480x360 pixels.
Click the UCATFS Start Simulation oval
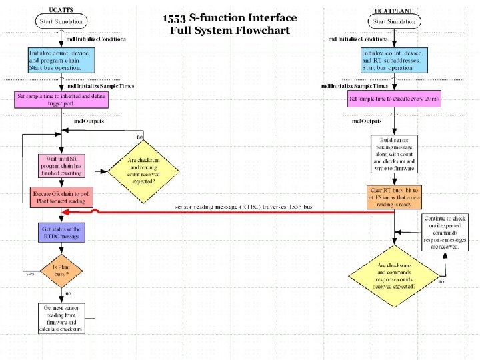pyautogui.click(x=61, y=22)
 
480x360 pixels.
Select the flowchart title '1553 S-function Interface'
pyautogui.click(x=229, y=18)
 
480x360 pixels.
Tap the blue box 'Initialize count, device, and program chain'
pyautogui.click(x=61, y=60)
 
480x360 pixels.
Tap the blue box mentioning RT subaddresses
pyautogui.click(x=395, y=60)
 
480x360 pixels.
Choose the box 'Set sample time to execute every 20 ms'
pyautogui.click(x=395, y=100)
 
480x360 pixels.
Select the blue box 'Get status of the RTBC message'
pyautogui.click(x=61, y=233)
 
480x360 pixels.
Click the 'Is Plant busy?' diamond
pyautogui.click(x=61, y=271)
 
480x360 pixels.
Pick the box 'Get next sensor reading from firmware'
pyautogui.click(x=61, y=318)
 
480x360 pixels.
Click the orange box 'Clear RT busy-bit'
pyautogui.click(x=395, y=198)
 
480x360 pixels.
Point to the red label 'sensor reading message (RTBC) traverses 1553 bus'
pyautogui.click(x=243, y=207)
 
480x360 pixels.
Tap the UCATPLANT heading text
pyautogui.click(x=394, y=11)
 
